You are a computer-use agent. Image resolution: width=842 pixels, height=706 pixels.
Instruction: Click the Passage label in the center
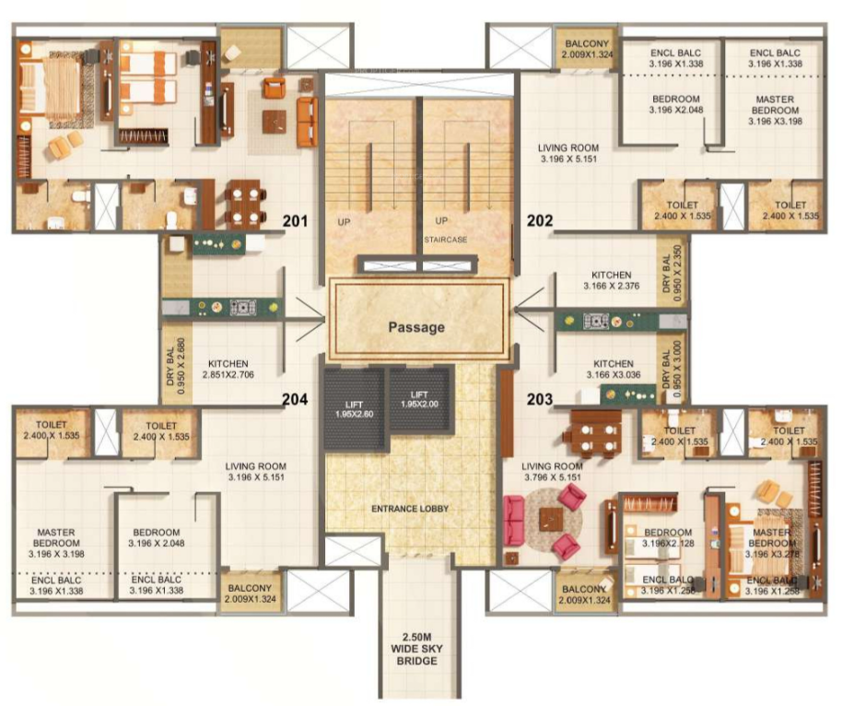pyautogui.click(x=415, y=326)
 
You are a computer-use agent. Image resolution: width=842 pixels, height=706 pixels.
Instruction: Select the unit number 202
pyautogui.click(x=539, y=221)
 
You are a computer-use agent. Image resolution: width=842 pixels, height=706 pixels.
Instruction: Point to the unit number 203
pyautogui.click(x=539, y=399)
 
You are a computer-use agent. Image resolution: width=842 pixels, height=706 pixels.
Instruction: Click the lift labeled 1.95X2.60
pyautogui.click(x=355, y=408)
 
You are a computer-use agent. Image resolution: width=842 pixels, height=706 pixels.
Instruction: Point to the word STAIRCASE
pyautogui.click(x=446, y=240)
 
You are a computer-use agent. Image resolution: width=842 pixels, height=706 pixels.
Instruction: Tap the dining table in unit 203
pyautogui.click(x=593, y=432)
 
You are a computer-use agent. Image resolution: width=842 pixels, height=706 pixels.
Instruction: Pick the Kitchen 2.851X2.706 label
pyautogui.click(x=230, y=369)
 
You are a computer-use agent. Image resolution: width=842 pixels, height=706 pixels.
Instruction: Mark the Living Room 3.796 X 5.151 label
pyautogui.click(x=553, y=472)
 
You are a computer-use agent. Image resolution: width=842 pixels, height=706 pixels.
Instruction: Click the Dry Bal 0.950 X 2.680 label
pyautogui.click(x=175, y=365)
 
